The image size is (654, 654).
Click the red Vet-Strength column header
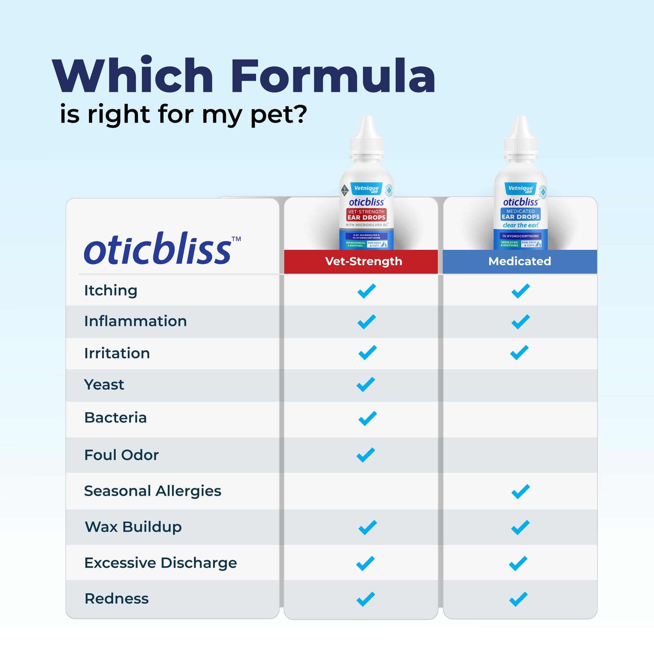[363, 261]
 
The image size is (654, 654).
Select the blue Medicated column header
[520, 261]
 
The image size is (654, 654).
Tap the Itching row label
[111, 290]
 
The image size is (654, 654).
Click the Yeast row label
[104, 385]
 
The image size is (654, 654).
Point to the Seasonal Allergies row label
[152, 491]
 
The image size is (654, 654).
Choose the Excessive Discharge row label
[161, 562]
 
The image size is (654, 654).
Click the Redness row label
[116, 598]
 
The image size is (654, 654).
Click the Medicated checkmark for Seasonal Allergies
[521, 491]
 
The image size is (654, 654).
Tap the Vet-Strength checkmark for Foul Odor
[366, 455]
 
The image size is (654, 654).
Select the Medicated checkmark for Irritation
[519, 353]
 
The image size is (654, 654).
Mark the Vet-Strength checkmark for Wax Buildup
[367, 527]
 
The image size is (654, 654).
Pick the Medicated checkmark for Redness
[518, 599]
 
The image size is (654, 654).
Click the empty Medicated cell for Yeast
[520, 385]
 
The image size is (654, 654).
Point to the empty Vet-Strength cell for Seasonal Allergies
[361, 491]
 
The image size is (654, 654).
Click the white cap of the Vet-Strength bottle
[367, 139]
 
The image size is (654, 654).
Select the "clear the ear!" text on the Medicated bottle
[520, 225]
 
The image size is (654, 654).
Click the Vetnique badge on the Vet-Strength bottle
[366, 188]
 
